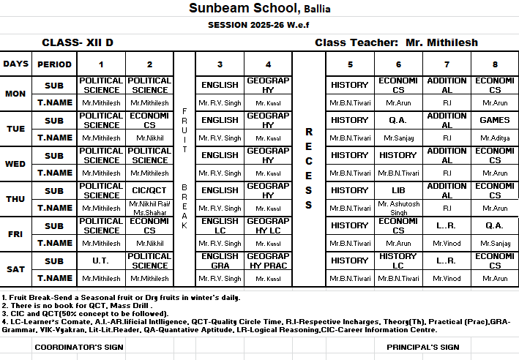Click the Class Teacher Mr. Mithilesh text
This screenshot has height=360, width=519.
click(396, 42)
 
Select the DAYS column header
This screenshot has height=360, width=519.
click(15, 64)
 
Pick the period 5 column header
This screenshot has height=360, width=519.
click(350, 64)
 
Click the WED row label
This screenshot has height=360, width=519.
click(15, 164)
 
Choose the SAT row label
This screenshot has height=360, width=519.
click(15, 269)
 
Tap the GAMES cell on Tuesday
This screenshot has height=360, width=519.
click(495, 120)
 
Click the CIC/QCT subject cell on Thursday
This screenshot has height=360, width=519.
click(149, 190)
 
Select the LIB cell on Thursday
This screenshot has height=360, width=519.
click(397, 190)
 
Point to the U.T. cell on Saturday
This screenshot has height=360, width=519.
click(101, 260)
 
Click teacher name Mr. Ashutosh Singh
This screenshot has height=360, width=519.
click(399, 208)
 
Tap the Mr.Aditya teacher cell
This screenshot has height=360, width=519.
click(495, 138)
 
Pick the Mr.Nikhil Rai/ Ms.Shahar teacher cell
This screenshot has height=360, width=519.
click(149, 208)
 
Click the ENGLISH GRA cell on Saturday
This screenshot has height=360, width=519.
click(220, 260)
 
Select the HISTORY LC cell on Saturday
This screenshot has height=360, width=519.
click(398, 260)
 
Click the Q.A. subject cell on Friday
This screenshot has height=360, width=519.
click(495, 225)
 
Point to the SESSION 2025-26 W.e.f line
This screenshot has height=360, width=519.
click(259, 24)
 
